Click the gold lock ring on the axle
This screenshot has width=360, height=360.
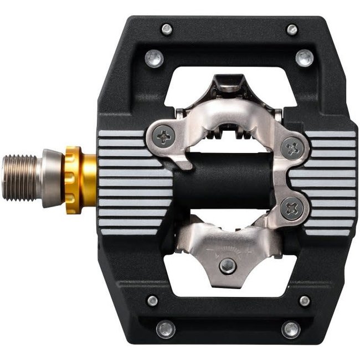73,180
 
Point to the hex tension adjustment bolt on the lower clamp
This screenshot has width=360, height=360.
227,265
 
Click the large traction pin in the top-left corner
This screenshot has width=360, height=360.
155,58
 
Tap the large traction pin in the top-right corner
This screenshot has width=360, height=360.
304,58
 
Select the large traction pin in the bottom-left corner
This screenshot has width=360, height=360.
166,329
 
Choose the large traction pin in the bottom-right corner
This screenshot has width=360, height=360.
291,329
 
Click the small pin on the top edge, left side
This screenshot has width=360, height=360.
166,29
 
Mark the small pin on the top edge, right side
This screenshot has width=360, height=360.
291,29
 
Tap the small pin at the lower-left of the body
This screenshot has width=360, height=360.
152,300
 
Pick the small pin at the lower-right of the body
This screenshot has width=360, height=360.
304,300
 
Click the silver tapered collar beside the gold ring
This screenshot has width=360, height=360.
53,178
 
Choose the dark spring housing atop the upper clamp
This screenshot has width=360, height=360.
228,83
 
